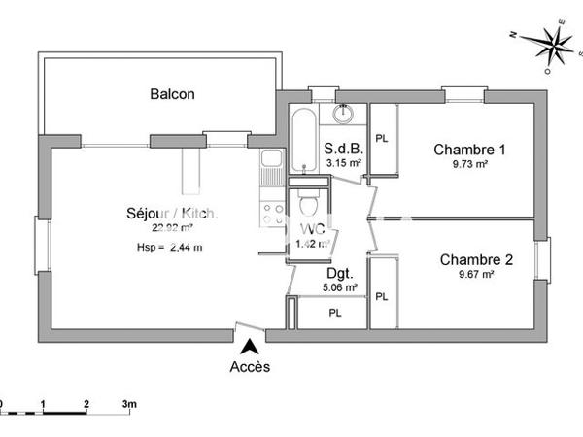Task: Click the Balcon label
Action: click(x=172, y=94)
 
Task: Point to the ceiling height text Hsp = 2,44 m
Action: click(x=169, y=247)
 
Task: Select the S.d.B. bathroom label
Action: click(x=344, y=149)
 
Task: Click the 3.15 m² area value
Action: click(x=344, y=163)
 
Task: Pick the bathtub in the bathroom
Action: click(x=302, y=142)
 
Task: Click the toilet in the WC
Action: click(x=308, y=206)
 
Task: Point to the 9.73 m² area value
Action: click(x=470, y=165)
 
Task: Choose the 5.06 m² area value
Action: click(x=340, y=287)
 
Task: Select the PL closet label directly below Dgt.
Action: click(x=334, y=313)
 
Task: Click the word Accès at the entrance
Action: click(x=250, y=366)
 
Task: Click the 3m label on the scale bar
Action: click(x=129, y=402)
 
